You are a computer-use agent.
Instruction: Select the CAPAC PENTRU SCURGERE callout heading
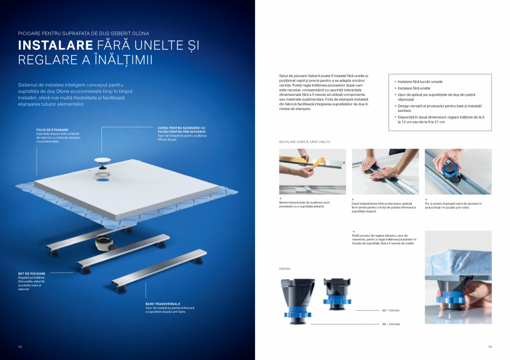pos(181,128)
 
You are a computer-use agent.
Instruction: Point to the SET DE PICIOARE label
pos(32,273)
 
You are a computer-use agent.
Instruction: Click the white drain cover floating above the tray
pos(102,159)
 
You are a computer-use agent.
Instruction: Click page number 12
pos(20,347)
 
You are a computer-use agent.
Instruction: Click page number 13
pos(489,347)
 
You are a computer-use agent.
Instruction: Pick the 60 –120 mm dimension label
pos(390,311)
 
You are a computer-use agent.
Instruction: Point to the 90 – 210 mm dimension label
pos(391,324)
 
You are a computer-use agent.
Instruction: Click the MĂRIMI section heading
pos(285,269)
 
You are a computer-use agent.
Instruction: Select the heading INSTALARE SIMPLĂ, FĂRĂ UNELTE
pos(304,142)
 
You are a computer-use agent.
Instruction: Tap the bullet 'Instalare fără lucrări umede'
pos(420,81)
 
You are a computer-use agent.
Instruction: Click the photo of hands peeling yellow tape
pos(312,171)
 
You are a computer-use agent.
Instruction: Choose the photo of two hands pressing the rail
pos(385,171)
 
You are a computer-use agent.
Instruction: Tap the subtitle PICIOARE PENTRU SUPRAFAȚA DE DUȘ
pos(83,33)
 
